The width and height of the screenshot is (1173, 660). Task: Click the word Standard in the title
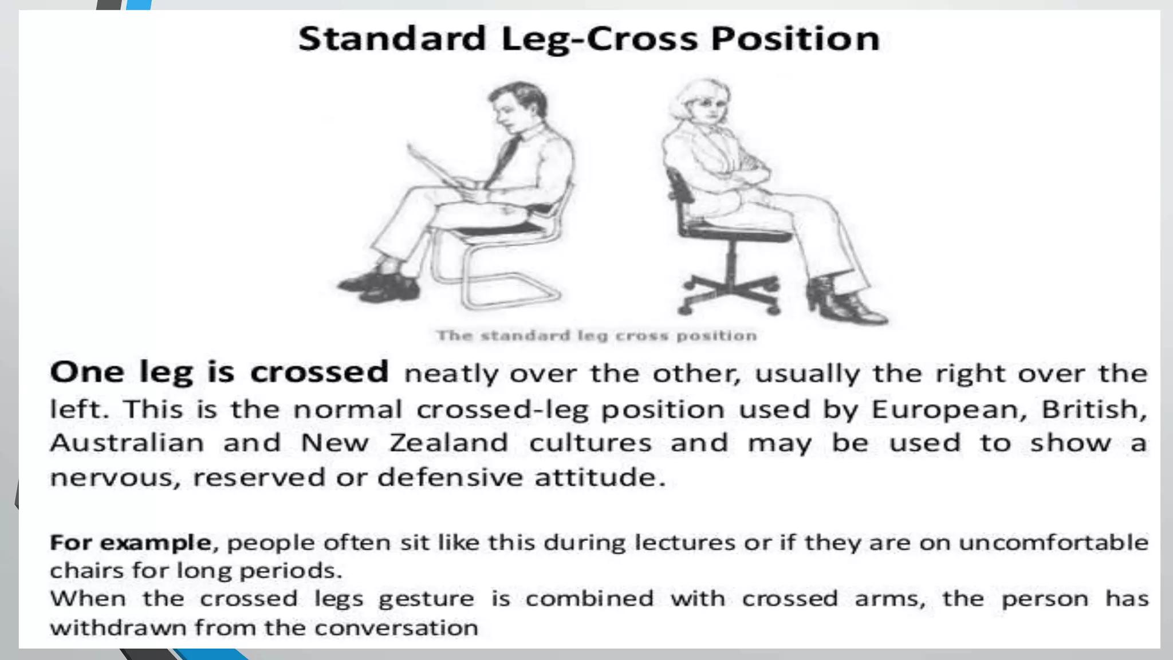point(392,39)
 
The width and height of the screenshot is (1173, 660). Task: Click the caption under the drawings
point(596,335)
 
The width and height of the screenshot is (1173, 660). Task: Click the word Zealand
point(448,443)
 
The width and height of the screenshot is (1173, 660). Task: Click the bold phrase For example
point(130,542)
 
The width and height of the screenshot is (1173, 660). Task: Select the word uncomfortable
point(1053,542)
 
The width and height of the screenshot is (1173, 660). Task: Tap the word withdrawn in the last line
point(119,628)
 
